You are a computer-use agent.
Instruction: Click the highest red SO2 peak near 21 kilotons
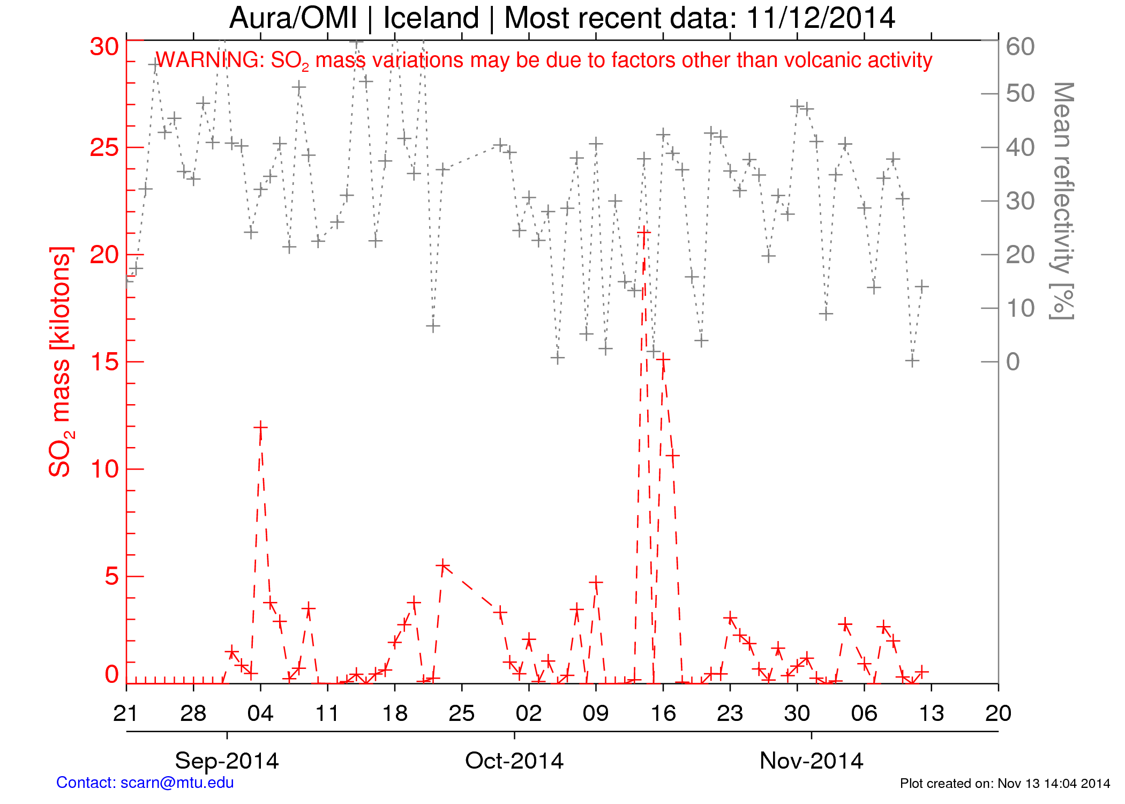(x=643, y=232)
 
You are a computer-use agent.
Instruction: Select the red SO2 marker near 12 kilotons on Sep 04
(x=260, y=428)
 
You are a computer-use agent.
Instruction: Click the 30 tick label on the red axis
(x=104, y=47)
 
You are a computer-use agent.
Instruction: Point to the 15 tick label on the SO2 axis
(x=104, y=362)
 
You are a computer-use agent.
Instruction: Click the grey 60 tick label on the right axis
(x=1020, y=47)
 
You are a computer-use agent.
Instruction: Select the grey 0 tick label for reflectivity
(x=1013, y=362)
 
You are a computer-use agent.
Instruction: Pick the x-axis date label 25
(x=462, y=713)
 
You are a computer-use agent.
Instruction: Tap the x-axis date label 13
(x=931, y=713)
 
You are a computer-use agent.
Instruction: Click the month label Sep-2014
(x=227, y=761)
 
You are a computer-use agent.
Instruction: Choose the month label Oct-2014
(x=514, y=761)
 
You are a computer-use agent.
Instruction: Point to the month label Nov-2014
(x=811, y=761)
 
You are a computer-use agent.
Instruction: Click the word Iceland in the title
(x=431, y=18)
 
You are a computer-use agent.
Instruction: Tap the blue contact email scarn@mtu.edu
(x=177, y=783)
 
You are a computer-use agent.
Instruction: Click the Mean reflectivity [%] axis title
(x=1062, y=201)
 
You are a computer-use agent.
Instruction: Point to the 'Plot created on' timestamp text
(x=1004, y=784)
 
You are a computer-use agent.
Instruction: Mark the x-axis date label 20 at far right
(x=998, y=713)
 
